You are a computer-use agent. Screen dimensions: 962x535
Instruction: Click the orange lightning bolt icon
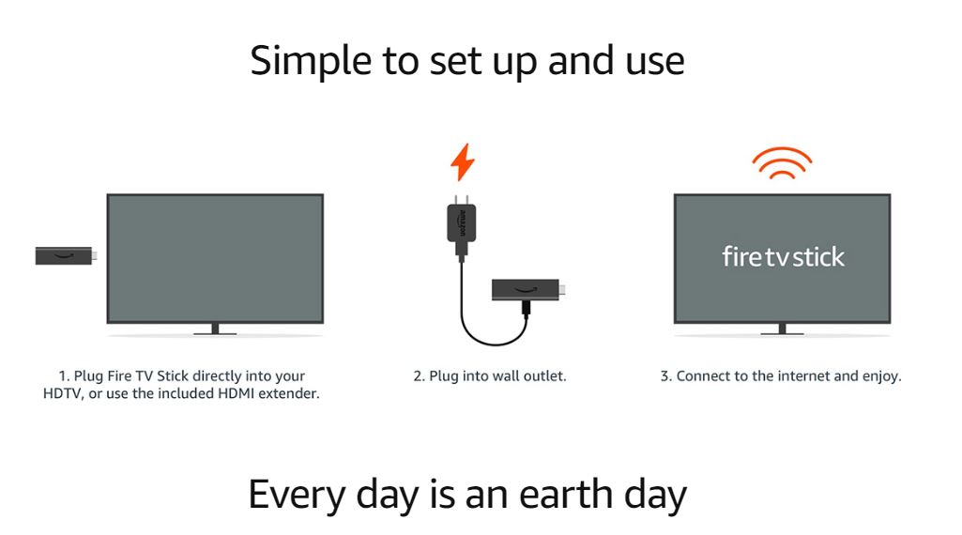coord(463,162)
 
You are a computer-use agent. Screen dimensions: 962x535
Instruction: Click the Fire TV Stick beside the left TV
coord(66,255)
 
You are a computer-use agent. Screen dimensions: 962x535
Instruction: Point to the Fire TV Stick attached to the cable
coord(528,290)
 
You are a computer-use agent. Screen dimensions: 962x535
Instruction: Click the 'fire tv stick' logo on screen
coord(783,257)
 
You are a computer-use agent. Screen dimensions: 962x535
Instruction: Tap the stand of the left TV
coord(215,329)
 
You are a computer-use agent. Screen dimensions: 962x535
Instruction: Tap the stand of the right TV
coord(782,329)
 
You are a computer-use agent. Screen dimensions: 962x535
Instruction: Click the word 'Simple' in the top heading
coord(311,62)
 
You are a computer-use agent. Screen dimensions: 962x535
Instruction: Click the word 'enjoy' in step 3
coord(881,376)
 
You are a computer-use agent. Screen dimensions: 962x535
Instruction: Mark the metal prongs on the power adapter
coord(462,199)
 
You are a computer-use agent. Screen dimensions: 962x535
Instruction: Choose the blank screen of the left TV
coord(215,258)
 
